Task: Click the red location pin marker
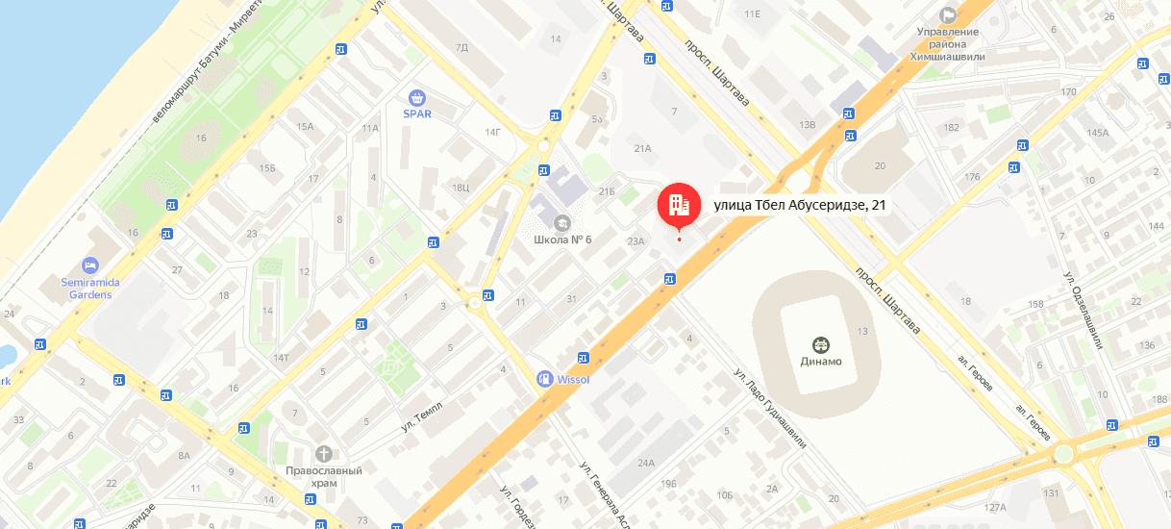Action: [679, 204]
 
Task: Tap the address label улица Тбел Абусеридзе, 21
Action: [799, 204]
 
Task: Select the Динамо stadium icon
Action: [820, 343]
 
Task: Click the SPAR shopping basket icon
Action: [416, 97]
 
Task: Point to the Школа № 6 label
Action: [561, 239]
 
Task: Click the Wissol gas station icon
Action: [545, 379]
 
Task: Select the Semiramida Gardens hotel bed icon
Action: [90, 264]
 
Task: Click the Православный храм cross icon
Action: [324, 453]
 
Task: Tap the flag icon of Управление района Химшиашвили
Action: [948, 14]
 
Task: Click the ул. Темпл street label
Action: [422, 415]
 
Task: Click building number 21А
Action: [643, 148]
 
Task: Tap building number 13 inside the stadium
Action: [862, 331]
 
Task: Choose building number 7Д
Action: [461, 46]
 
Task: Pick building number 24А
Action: [645, 463]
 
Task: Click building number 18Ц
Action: [460, 188]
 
